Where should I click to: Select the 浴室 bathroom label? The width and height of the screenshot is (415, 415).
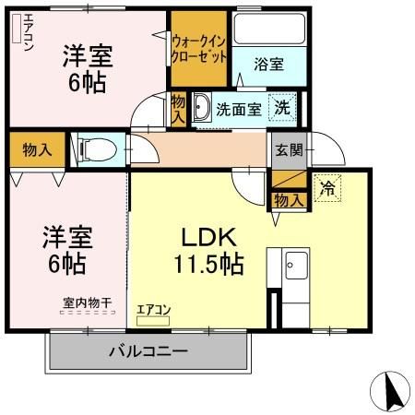[x=269, y=65]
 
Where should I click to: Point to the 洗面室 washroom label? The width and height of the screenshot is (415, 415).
[x=238, y=108]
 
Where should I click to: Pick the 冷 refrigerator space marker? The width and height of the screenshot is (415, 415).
[x=326, y=184]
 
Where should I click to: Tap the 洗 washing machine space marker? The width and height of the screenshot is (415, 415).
[x=284, y=107]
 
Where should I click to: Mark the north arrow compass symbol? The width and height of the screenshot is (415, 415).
[x=390, y=393]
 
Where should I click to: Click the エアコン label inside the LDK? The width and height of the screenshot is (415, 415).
[x=154, y=311]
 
